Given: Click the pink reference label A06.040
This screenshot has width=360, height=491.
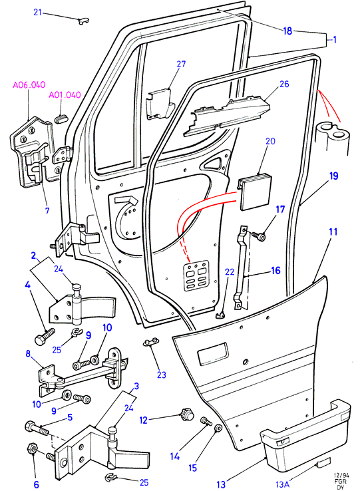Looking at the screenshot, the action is pyautogui.click(x=29, y=85).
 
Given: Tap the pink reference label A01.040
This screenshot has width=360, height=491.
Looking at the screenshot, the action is pyautogui.click(x=65, y=94).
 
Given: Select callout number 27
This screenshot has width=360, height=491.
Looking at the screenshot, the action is pyautogui.click(x=181, y=64).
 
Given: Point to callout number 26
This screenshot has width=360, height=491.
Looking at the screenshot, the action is pyautogui.click(x=284, y=84).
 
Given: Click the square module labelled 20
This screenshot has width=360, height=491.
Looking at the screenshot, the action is pyautogui.click(x=254, y=194).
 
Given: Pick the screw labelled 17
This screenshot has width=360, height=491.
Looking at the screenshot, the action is pyautogui.click(x=258, y=236).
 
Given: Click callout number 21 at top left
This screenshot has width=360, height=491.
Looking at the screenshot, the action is pyautogui.click(x=38, y=13).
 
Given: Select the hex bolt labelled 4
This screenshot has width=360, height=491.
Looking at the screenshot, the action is pyautogui.click(x=43, y=337).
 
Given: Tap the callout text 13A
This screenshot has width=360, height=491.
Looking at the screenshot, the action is pyautogui.click(x=282, y=484).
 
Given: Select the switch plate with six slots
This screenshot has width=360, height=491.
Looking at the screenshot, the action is pyautogui.click(x=196, y=275).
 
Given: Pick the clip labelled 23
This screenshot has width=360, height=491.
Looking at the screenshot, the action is pyautogui.click(x=150, y=342).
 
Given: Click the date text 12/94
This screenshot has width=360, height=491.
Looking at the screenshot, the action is pyautogui.click(x=341, y=475).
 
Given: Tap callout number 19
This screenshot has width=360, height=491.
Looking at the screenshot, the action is pyautogui.click(x=333, y=176).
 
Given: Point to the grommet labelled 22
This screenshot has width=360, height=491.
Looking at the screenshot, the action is pyautogui.click(x=221, y=315).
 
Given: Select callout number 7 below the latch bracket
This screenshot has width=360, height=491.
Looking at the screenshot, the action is pyautogui.click(x=47, y=210).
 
